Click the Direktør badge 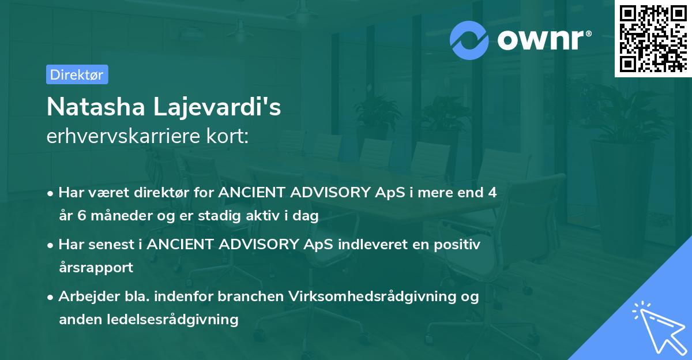coord(77,74)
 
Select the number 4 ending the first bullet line coord(492,193)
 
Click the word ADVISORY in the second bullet coord(264,245)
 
